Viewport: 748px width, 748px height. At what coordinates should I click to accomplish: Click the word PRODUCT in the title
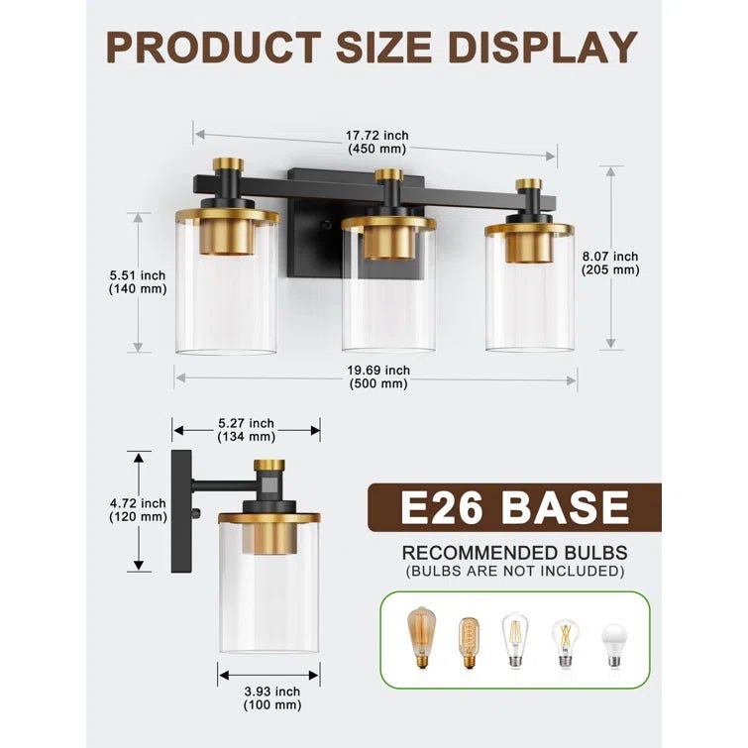213,48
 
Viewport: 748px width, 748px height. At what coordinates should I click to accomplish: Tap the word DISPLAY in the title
542,48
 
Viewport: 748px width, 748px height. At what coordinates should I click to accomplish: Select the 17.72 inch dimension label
376,142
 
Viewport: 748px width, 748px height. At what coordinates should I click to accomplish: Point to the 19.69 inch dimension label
378,376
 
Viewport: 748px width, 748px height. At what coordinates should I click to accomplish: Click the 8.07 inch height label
610,263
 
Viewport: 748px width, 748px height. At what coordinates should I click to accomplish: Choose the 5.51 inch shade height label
138,282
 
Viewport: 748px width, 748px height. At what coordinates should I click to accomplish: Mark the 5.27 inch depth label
246,430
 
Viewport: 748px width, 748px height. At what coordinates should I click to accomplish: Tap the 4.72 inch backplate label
138,510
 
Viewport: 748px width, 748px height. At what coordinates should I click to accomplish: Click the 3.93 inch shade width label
272,697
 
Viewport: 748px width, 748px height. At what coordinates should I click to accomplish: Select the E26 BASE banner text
515,507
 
